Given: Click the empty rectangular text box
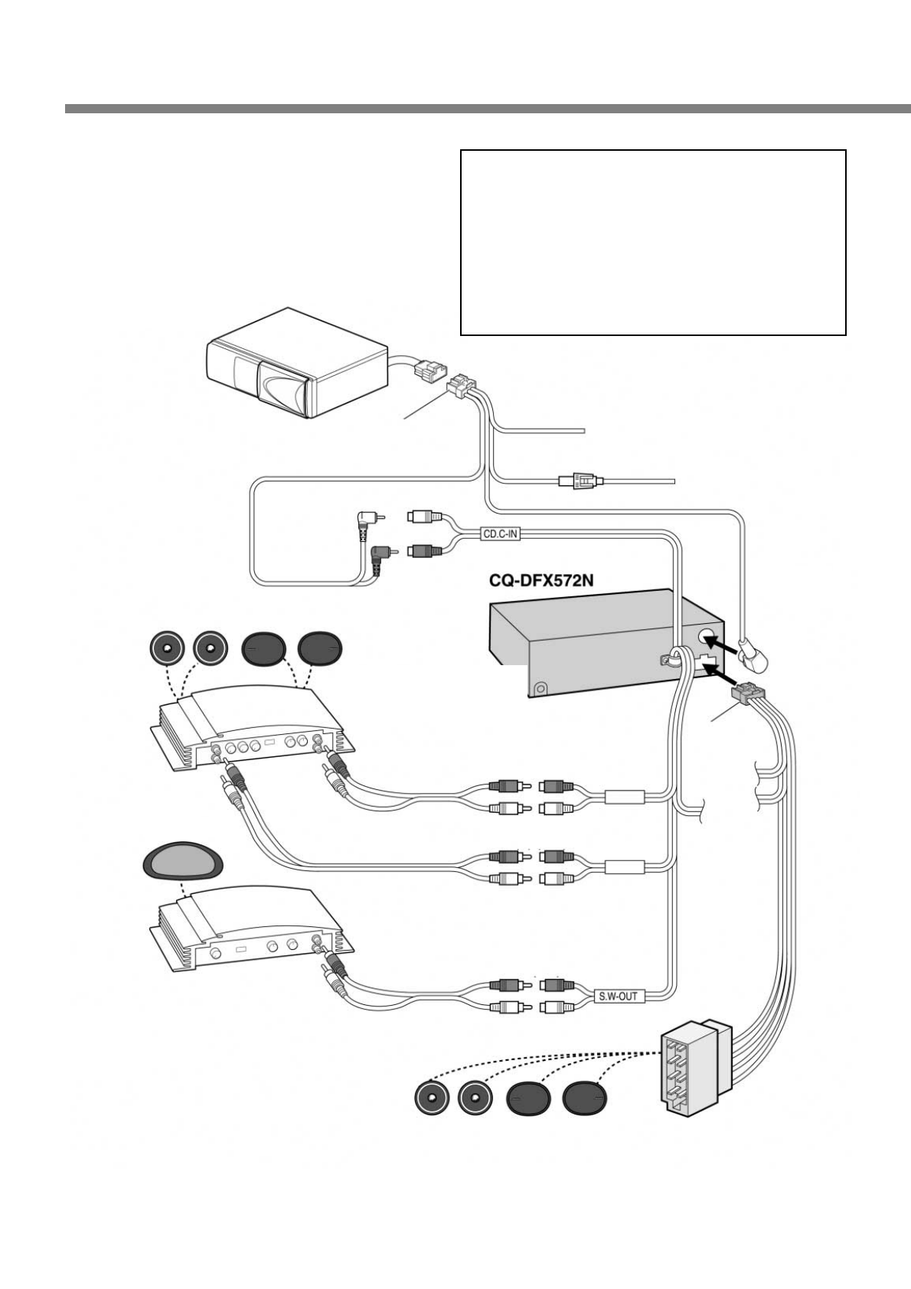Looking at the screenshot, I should point(652,242).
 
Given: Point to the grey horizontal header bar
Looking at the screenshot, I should point(487,109).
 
